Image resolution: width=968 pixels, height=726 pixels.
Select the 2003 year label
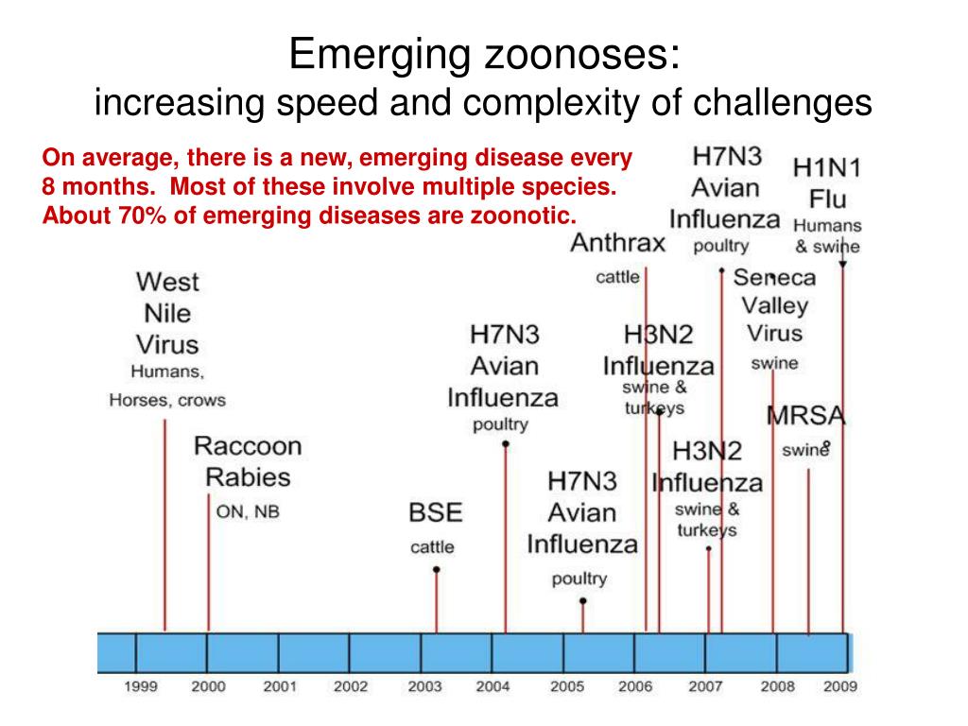click(x=425, y=687)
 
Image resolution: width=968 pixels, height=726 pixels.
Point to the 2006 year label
click(x=635, y=687)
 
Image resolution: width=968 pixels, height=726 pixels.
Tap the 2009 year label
click(x=839, y=687)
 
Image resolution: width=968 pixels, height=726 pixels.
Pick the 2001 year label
click(x=280, y=687)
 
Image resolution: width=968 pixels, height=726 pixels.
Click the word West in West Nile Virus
click(x=167, y=282)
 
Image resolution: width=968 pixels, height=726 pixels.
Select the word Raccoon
click(x=248, y=445)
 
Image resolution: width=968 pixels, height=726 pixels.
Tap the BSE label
click(x=435, y=513)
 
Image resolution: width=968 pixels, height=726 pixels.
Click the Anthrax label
click(x=618, y=244)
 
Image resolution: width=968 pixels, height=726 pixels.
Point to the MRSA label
click(x=805, y=415)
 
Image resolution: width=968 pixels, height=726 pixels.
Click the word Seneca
click(x=774, y=278)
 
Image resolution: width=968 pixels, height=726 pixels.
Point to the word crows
click(x=201, y=400)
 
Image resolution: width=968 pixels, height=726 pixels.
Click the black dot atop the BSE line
click(x=436, y=569)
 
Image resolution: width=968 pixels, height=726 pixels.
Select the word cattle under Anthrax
click(x=617, y=278)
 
